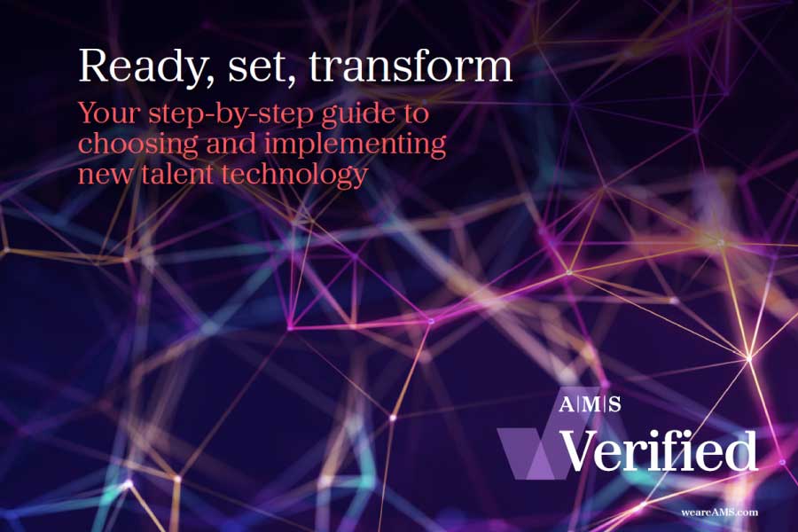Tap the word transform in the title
pos(411,66)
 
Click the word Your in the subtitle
pos(109,113)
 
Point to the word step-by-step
pos(231,114)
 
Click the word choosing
pos(138,145)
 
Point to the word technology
pos(294,176)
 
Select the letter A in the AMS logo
pos(567,404)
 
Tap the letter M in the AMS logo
pos(590,404)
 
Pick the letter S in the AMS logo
pos(614,404)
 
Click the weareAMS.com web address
pos(720,512)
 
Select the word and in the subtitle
pos(231,144)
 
